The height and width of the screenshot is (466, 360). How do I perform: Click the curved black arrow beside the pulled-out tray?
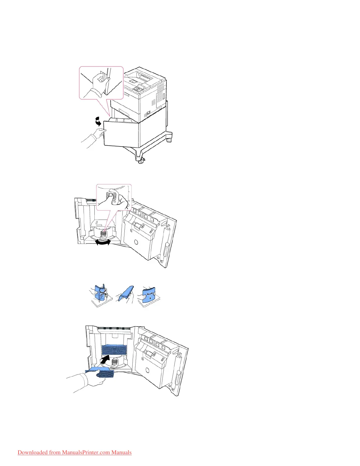point(98,121)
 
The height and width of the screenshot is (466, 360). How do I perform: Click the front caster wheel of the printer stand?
point(141,161)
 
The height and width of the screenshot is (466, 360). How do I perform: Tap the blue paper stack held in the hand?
point(101,372)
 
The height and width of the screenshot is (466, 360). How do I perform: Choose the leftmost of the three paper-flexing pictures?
point(101,296)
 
